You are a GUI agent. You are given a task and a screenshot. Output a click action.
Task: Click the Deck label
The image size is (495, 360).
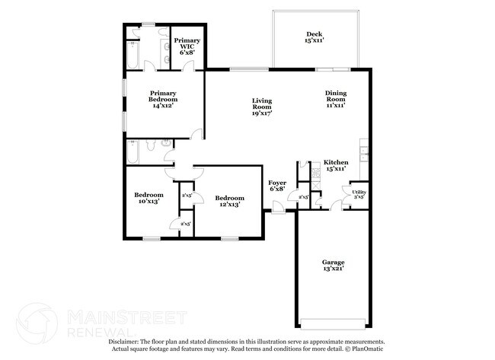click(315, 37)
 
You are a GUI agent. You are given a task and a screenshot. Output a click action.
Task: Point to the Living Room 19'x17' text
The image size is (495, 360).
click(262, 107)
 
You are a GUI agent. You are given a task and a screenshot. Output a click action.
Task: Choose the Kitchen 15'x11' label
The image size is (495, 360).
click(336, 166)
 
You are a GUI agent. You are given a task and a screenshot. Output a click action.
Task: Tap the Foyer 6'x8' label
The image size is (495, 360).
click(277, 186)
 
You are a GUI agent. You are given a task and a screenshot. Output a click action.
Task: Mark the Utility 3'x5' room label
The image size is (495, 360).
click(359, 195)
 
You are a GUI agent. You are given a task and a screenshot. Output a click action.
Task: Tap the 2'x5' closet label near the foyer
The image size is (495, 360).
click(303, 198)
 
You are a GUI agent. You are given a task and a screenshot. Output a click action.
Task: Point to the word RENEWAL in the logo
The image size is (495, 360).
click(96, 332)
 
